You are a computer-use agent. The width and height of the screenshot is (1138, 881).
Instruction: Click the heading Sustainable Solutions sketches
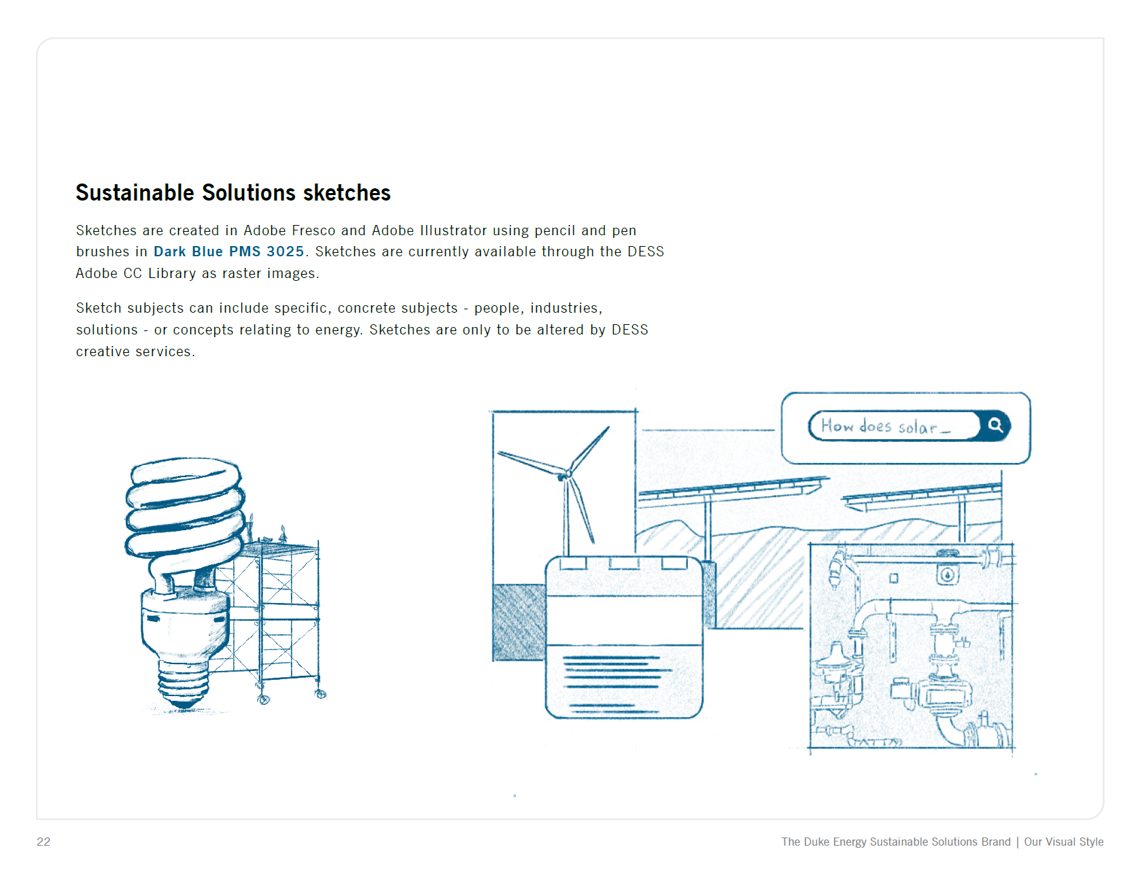pos(233,193)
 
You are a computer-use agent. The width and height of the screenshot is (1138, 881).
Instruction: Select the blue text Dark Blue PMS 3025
pos(228,252)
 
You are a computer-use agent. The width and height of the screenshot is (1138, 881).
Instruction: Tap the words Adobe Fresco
pos(290,230)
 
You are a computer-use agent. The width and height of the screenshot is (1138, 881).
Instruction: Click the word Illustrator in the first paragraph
pos(453,230)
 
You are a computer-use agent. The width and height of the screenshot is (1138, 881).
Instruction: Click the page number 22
pos(44,842)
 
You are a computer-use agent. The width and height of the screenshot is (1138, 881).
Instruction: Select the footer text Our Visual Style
pos(1064,842)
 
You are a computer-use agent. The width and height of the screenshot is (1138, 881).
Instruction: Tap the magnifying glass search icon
pos(995,426)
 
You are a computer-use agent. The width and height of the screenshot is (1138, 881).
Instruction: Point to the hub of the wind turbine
pos(566,474)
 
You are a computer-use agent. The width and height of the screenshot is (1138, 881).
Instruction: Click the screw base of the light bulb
pos(184,682)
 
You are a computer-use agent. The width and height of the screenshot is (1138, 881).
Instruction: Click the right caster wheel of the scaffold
pos(321,694)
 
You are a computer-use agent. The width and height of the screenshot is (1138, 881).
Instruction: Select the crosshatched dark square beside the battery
pos(519,622)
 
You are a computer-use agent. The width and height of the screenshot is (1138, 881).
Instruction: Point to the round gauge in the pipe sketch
pos(948,575)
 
